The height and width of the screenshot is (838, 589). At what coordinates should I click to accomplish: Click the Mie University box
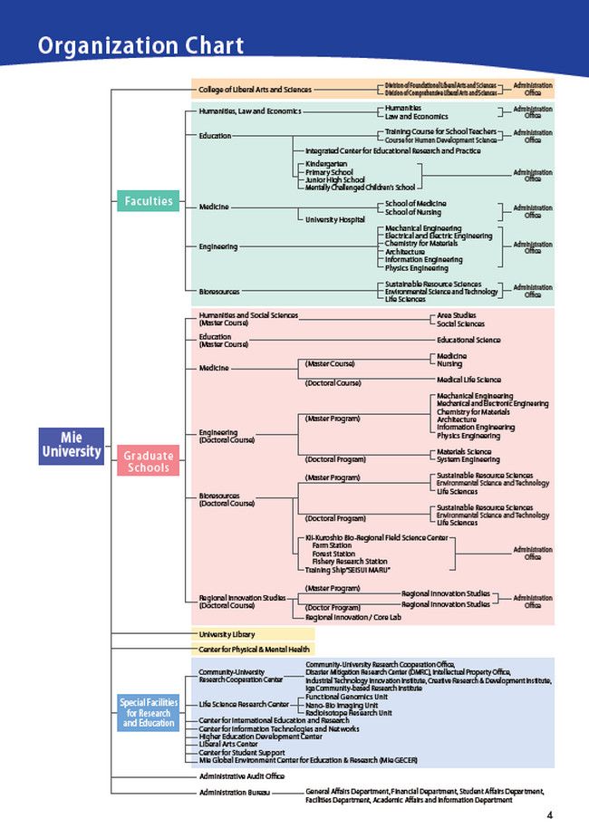coord(72,447)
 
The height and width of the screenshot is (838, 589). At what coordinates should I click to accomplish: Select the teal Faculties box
coord(147,201)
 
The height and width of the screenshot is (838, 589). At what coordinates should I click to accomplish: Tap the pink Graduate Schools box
coord(148,461)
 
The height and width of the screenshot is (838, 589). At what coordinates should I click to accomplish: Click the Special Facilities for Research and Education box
coord(149,713)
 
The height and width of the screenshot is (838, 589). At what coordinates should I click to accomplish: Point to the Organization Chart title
coord(140,45)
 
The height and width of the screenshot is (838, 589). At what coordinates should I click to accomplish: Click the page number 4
coord(549,814)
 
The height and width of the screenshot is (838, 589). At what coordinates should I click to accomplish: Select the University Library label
coord(227,634)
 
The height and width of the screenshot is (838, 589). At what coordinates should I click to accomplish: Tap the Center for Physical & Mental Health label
coord(254,650)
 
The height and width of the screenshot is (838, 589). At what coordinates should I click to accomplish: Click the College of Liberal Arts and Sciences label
coord(255,90)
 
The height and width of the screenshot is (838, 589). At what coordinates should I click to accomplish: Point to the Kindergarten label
coord(325,164)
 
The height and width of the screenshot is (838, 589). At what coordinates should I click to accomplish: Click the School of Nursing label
coord(413,212)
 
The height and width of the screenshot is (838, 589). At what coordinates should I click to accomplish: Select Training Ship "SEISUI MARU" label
coord(347,569)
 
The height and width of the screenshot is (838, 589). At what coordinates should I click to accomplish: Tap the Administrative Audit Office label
coord(242,776)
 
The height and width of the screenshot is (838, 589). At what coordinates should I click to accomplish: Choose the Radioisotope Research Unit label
coord(348,713)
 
